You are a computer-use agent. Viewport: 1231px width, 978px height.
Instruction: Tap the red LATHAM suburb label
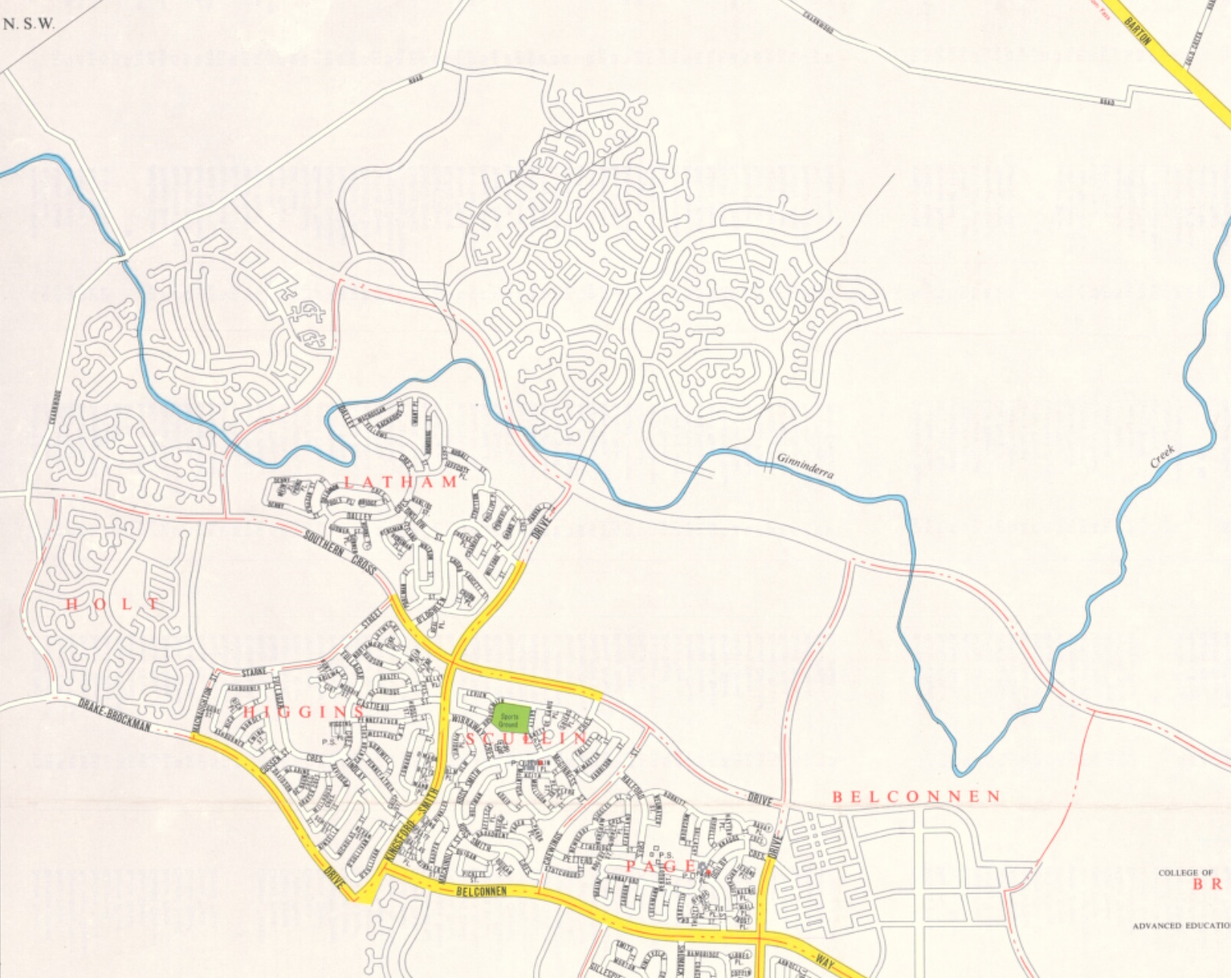click(401, 482)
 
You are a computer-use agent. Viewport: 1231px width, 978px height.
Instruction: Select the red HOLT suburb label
click(113, 604)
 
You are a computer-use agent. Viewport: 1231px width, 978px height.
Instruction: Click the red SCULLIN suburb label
click(527, 738)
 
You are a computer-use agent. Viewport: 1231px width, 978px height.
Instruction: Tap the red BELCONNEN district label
click(917, 796)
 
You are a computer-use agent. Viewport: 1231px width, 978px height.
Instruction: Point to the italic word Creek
click(1163, 456)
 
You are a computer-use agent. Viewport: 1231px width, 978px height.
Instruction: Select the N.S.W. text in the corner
click(30, 23)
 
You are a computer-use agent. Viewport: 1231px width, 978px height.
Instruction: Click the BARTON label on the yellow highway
click(1138, 32)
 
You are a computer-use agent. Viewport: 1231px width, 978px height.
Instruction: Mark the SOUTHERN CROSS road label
click(340, 550)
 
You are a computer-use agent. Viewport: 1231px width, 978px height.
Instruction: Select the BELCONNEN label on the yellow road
click(481, 891)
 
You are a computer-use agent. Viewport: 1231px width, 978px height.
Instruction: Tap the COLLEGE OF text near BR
click(1186, 873)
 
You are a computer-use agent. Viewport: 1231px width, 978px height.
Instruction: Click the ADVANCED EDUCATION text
click(1181, 926)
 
